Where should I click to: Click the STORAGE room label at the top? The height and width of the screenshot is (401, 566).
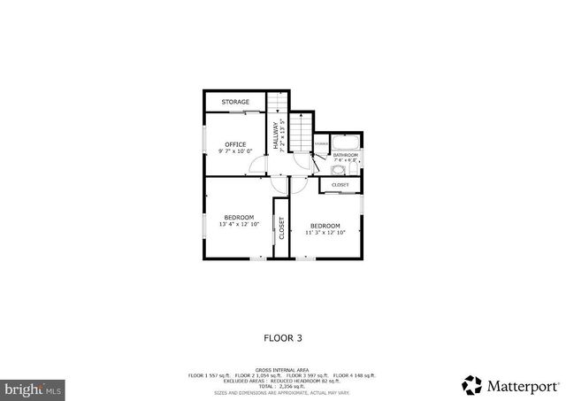click(235, 102)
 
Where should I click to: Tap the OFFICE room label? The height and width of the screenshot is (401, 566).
click(235, 144)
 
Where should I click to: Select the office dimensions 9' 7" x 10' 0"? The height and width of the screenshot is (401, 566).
click(235, 151)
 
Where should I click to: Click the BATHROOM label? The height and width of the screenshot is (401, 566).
click(346, 156)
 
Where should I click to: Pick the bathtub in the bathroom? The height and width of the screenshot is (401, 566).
click(345, 143)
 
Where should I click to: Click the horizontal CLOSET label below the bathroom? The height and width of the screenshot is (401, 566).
click(340, 185)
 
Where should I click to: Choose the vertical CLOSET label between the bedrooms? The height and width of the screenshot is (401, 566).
click(281, 229)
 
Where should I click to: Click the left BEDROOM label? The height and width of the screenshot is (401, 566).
click(239, 218)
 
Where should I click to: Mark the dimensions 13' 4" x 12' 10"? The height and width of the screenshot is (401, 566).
click(239, 225)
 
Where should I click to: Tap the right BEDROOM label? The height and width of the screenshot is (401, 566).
click(325, 226)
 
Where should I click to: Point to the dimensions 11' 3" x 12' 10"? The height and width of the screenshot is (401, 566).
click(325, 233)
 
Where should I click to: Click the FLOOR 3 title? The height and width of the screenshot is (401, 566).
click(283, 337)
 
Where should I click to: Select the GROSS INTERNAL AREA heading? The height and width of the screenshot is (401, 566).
click(282, 369)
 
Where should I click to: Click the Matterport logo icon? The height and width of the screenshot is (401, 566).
click(472, 385)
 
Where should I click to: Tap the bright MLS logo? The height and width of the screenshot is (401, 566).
click(33, 388)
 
